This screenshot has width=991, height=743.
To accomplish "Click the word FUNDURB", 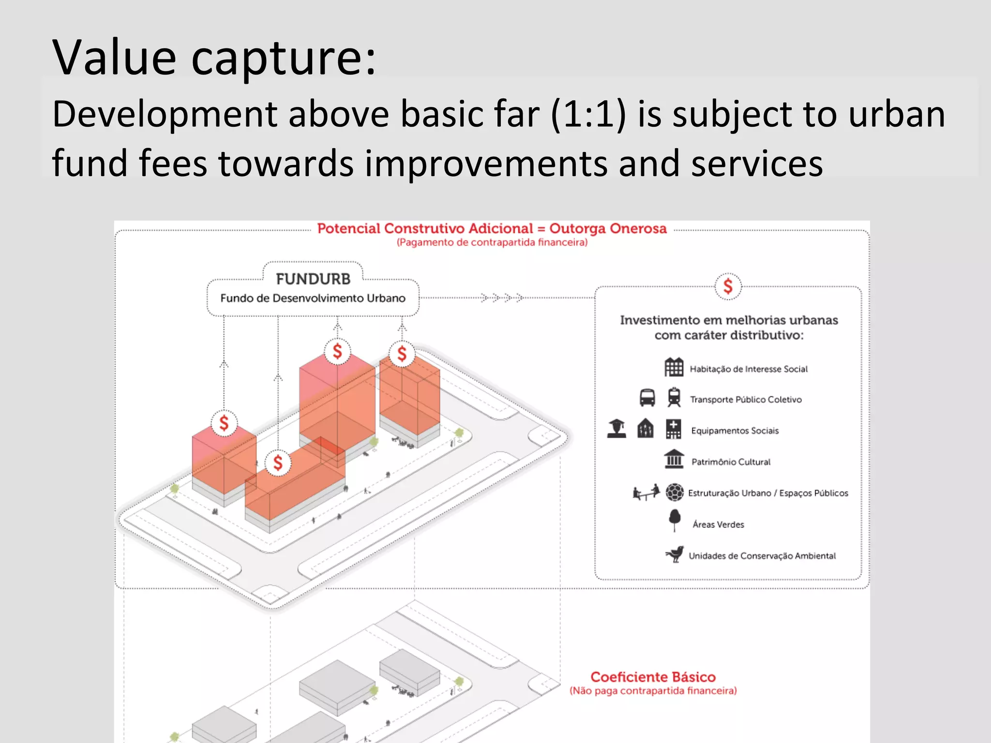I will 313,279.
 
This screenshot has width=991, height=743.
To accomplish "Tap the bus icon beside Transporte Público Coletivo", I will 647,398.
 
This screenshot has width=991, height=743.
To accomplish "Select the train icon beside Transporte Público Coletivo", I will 674,397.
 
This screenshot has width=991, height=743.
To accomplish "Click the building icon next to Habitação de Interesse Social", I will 674,367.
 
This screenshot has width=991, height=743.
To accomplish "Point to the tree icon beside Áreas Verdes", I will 675,520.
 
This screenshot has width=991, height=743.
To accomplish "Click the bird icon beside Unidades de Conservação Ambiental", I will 675,554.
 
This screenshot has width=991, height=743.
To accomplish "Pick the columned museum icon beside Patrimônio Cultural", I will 674,459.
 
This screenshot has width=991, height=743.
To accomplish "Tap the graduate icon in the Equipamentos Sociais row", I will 617,429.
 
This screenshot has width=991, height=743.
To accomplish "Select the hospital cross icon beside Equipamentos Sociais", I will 674,429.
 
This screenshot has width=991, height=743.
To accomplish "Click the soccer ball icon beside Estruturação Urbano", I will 675,492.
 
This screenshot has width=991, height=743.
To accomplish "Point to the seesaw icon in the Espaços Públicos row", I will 646,492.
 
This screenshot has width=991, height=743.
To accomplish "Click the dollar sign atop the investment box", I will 728,286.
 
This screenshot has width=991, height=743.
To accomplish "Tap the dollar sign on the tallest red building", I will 337,351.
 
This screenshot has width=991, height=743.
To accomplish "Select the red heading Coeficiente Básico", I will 653,677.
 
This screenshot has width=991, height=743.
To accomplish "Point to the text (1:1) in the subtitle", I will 588,115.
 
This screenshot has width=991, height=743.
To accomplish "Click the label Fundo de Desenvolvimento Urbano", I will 313,298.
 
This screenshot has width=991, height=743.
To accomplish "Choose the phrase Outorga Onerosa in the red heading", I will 608,228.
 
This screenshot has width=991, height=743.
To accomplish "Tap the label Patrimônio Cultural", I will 731,462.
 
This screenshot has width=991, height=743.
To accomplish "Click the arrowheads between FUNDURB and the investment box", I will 502,297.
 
